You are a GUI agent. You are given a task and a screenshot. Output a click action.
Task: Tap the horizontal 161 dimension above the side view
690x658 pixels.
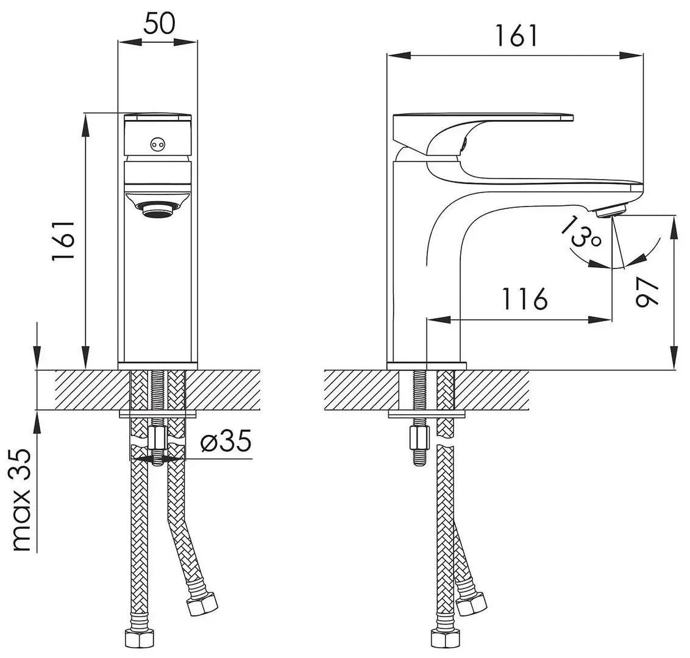point(516,36)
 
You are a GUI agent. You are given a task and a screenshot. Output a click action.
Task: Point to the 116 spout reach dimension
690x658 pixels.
point(525,299)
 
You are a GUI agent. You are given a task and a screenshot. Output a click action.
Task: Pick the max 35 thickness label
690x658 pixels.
point(22,500)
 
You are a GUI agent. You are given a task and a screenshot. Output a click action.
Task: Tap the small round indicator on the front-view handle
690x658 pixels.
point(158,144)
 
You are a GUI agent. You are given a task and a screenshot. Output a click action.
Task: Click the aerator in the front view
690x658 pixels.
point(158,210)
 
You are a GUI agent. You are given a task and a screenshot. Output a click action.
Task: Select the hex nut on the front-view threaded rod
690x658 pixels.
point(157,437)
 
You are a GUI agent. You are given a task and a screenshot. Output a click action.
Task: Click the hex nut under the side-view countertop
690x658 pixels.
point(420,437)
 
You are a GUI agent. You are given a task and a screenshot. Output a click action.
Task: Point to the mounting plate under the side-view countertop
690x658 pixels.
point(427,415)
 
